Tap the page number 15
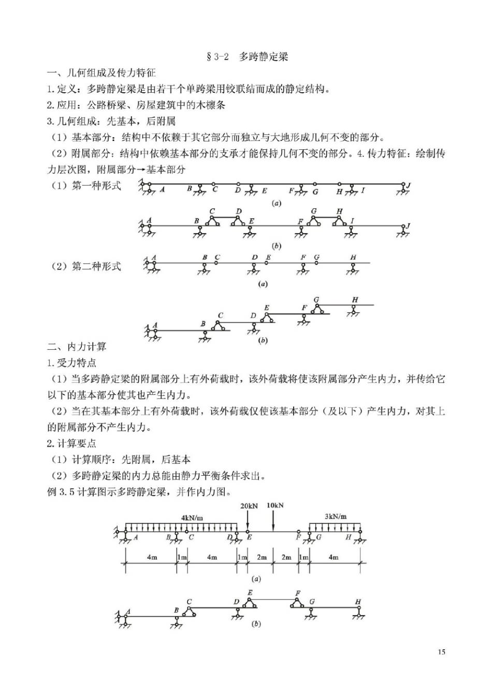coord(441,651)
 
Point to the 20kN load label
coord(249,506)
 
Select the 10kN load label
coord(275,505)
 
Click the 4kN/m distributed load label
coord(192,517)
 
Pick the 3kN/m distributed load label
coord(336,516)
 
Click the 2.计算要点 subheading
coord(71,443)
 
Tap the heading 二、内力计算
coord(77,347)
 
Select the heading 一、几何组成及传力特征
coord(102,73)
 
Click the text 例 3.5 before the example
coord(61,491)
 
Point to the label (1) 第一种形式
coord(86,186)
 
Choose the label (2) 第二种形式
coord(86,266)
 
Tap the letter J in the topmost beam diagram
coord(408,185)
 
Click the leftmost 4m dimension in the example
coord(152,557)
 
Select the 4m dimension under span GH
coord(334,557)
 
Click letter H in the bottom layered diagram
coord(358,602)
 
